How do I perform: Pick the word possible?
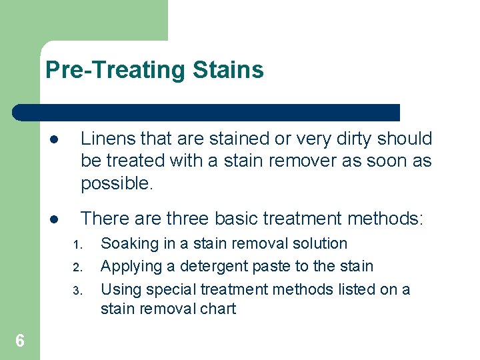pyautogui.click(x=117, y=183)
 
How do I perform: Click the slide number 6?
pyautogui.click(x=20, y=341)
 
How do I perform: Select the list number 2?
pyautogui.click(x=77, y=268)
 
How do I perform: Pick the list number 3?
pyautogui.click(x=77, y=291)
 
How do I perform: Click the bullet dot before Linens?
pyautogui.click(x=53, y=140)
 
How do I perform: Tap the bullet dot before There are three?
pyautogui.click(x=53, y=219)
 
